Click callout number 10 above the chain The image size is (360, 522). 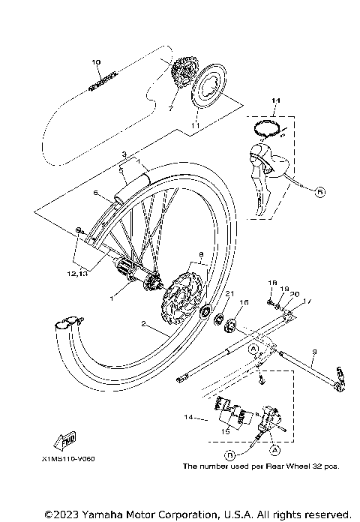click(95, 62)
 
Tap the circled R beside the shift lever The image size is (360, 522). click(320, 191)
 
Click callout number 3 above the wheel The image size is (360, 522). click(124, 153)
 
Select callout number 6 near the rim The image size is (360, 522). click(96, 193)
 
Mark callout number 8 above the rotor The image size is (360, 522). click(199, 254)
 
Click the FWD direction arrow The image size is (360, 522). click(65, 438)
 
